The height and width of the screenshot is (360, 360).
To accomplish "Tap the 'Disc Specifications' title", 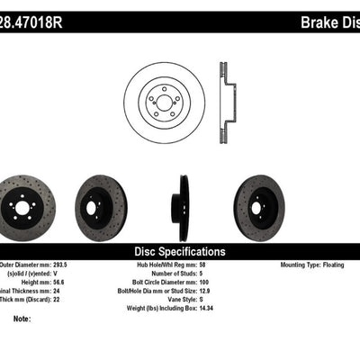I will point(179,252).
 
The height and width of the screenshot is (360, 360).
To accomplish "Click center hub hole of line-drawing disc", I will point(167,104).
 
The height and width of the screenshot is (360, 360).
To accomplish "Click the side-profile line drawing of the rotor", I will point(224,103).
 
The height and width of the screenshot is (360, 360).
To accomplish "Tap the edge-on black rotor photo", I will point(184,208).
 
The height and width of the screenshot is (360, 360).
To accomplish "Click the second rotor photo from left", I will point(101,208).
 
